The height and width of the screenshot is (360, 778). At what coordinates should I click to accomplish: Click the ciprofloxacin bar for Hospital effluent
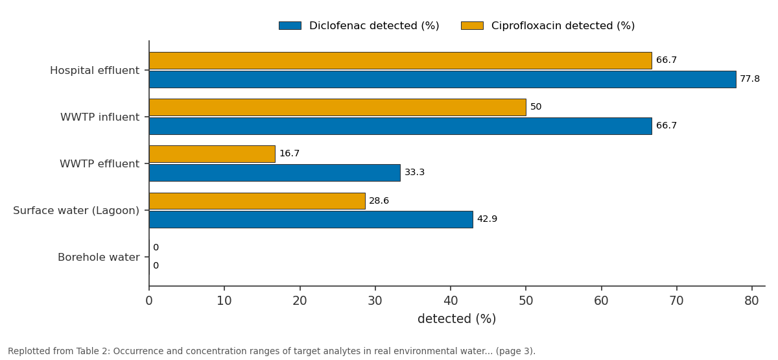tap(401, 61)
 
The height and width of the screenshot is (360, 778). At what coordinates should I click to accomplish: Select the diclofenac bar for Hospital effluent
tap(442, 80)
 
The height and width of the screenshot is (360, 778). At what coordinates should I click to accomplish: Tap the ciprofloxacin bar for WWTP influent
tap(338, 108)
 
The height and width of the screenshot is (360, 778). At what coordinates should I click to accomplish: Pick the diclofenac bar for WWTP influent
tap(401, 126)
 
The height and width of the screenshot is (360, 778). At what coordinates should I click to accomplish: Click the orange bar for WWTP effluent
tap(212, 154)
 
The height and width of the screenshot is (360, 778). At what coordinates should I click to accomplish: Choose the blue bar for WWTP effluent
tap(275, 173)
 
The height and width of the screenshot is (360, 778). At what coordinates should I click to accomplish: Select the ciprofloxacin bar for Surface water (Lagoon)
tap(257, 201)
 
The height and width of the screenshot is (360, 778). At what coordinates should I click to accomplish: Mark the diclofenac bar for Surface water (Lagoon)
tap(311, 220)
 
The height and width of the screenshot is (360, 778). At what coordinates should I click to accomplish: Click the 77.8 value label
tap(750, 79)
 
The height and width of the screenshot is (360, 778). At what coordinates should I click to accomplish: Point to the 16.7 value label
tap(289, 153)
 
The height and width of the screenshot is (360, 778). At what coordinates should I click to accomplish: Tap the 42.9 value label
tap(487, 219)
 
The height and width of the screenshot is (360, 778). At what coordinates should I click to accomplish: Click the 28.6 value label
tap(379, 201)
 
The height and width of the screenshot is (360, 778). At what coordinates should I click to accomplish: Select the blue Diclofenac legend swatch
tap(290, 26)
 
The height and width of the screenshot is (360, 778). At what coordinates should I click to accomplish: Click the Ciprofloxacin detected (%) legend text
tap(563, 26)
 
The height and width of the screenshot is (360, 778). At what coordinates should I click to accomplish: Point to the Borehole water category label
tap(99, 257)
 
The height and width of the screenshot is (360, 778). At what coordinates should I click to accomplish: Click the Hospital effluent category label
tap(95, 71)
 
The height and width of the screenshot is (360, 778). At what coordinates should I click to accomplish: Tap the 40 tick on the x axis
tap(451, 300)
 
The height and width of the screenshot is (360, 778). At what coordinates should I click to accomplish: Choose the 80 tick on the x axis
tap(751, 300)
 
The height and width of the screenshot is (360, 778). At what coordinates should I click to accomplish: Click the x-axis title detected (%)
tap(456, 319)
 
